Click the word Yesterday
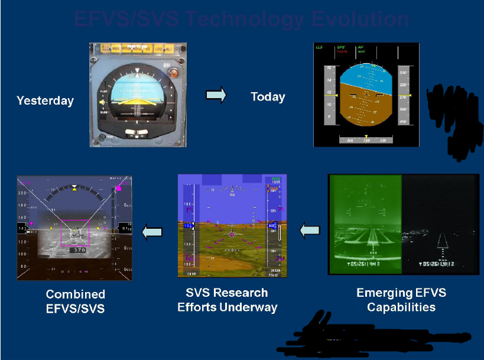pyautogui.click(x=45, y=100)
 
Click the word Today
pyautogui.click(x=268, y=97)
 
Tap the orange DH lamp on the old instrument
pyautogui.click(x=173, y=74)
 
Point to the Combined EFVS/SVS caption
pyautogui.click(x=75, y=301)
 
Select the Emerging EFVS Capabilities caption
pyautogui.click(x=401, y=300)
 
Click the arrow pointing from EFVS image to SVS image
pyautogui.click(x=310, y=231)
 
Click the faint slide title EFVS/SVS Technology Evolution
pyautogui.click(x=241, y=20)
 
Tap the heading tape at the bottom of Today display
pyautogui.click(x=366, y=140)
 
